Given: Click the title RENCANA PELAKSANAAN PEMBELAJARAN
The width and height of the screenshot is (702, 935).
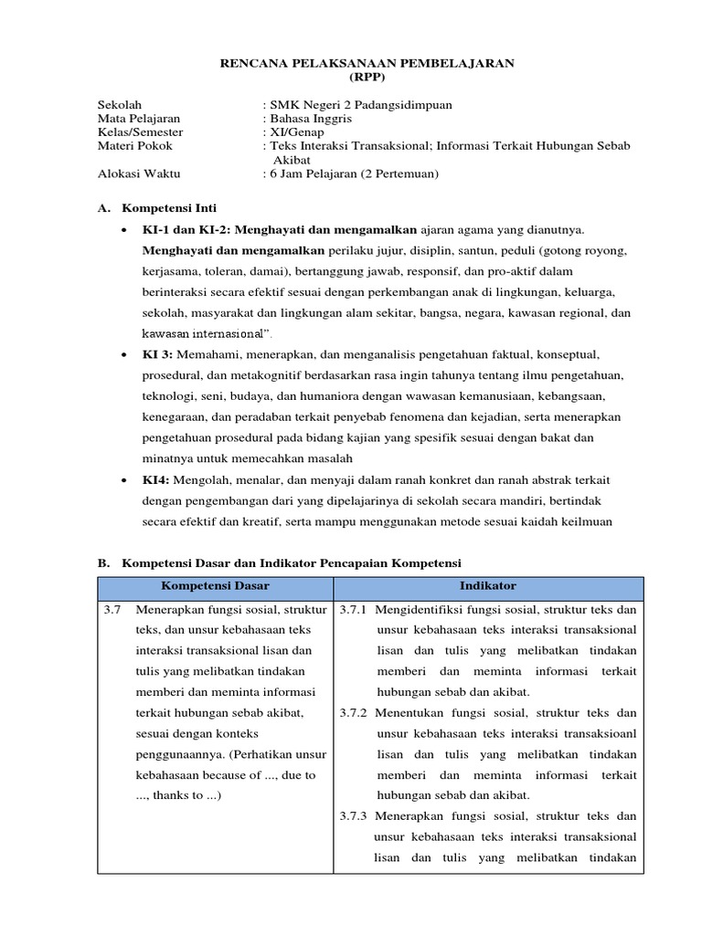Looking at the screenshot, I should coord(369,63).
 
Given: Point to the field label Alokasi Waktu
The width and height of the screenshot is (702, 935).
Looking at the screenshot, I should coord(135,173).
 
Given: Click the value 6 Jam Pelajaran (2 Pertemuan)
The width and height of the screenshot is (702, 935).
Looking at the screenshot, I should coord(350,173).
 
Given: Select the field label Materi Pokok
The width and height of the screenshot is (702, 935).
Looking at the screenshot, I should coord(134,146).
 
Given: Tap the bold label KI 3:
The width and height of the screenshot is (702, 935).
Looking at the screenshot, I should coord(158,352).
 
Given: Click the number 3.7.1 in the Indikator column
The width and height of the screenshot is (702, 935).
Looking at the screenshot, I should coord(353,610).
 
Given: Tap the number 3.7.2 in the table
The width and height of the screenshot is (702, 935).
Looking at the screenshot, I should coord(353,713).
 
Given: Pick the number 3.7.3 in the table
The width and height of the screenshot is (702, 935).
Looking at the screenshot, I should coord(353,816).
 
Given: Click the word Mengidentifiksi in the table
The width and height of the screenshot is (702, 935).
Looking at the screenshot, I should coord(420,610).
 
